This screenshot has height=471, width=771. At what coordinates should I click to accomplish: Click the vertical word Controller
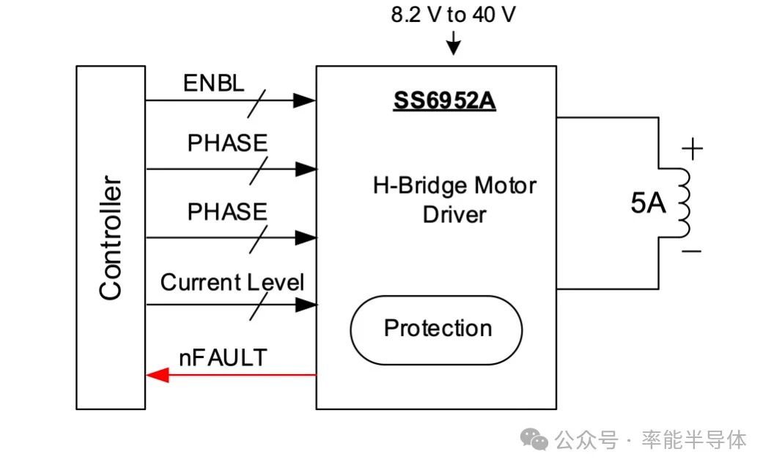[111, 238]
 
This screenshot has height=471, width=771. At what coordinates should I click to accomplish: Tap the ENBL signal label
[213, 83]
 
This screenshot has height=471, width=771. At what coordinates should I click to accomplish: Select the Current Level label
[232, 282]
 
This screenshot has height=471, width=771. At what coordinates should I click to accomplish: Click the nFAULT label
[223, 357]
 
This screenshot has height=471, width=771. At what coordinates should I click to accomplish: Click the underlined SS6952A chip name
[444, 101]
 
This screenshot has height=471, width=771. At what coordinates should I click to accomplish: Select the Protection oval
[437, 329]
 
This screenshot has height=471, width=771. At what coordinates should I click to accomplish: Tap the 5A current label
[648, 204]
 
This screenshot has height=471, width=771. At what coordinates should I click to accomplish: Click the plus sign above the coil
[692, 150]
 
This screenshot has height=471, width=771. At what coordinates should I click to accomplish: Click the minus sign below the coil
[691, 252]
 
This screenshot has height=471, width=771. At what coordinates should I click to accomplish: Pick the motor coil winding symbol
[682, 203]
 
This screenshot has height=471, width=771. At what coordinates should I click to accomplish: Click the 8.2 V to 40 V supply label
[452, 15]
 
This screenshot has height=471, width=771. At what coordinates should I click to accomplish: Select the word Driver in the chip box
[454, 215]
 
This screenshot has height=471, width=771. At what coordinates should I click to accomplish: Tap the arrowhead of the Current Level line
[306, 304]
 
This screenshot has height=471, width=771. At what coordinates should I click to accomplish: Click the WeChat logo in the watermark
[534, 439]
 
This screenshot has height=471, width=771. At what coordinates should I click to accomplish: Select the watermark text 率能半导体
[694, 439]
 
